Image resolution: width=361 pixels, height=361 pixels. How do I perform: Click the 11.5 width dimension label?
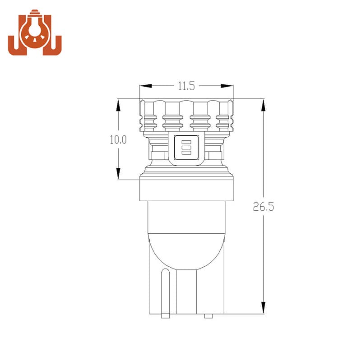pyautogui.click(x=186, y=86)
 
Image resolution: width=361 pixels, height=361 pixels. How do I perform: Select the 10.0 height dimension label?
pyautogui.click(x=118, y=140)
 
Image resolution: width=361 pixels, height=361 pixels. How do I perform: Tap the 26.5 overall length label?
pyautogui.click(x=264, y=207)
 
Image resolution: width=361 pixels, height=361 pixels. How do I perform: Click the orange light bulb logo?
pyautogui.click(x=35, y=32)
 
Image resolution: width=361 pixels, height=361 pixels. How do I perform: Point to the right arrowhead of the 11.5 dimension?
pyautogui.click(x=227, y=86)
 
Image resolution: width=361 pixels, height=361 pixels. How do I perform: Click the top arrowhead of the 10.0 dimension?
pyautogui.click(x=118, y=106)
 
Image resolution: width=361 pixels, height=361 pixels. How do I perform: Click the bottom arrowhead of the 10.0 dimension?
pyautogui.click(x=118, y=173)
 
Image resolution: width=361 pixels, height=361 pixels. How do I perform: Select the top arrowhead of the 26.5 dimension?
pyautogui.click(x=264, y=106)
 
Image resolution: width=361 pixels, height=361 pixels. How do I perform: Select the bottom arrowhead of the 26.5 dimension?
pyautogui.click(x=264, y=307)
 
